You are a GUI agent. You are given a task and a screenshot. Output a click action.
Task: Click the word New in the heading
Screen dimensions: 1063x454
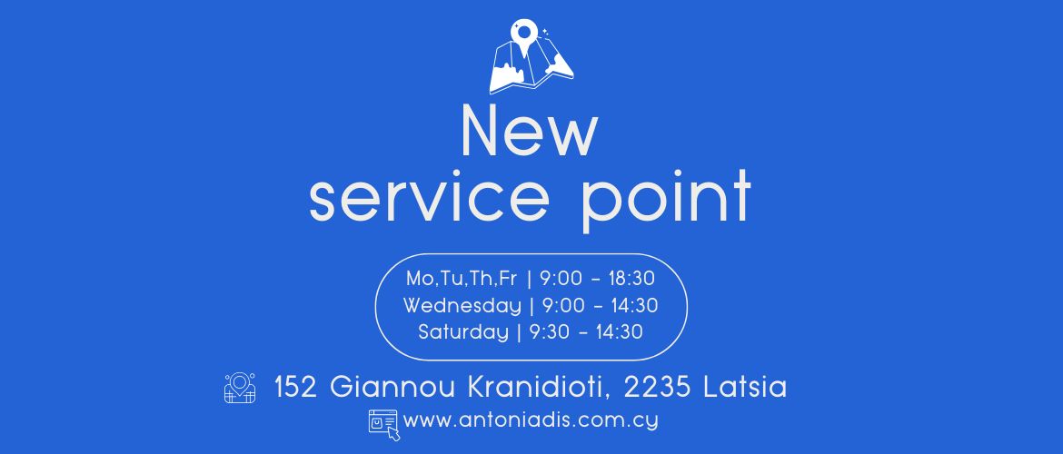pos(530,130)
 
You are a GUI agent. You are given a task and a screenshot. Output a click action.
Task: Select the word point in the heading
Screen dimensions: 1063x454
pos(667,199)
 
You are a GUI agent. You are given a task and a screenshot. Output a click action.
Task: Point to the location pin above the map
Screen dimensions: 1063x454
pos(524,36)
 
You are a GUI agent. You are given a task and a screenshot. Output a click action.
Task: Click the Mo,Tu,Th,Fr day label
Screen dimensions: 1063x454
pos(462,279)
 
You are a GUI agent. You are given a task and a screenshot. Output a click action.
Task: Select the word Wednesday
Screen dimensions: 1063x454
pos(462,306)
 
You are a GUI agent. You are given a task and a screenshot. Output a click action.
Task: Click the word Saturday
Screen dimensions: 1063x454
pos(463,332)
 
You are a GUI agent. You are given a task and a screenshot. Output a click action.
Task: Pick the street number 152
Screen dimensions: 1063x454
pos(296,388)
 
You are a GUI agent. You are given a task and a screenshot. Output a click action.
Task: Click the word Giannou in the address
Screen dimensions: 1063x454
pos(393,388)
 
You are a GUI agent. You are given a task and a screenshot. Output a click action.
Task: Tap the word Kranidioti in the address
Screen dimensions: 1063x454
pos(540,388)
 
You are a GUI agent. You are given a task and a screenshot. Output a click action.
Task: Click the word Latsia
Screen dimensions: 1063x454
pos(745,388)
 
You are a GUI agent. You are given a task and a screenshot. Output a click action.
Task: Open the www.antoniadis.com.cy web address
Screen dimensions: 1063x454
pos(531,420)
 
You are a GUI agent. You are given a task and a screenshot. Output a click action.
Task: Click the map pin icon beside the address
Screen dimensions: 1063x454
pos(240,389)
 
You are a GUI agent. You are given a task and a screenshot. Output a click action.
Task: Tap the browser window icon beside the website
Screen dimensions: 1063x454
pos(384,424)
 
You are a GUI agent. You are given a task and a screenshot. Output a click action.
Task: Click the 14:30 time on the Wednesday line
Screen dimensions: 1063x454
pos(634,306)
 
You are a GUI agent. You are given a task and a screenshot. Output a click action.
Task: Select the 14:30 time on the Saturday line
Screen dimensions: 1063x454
pos(619,332)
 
